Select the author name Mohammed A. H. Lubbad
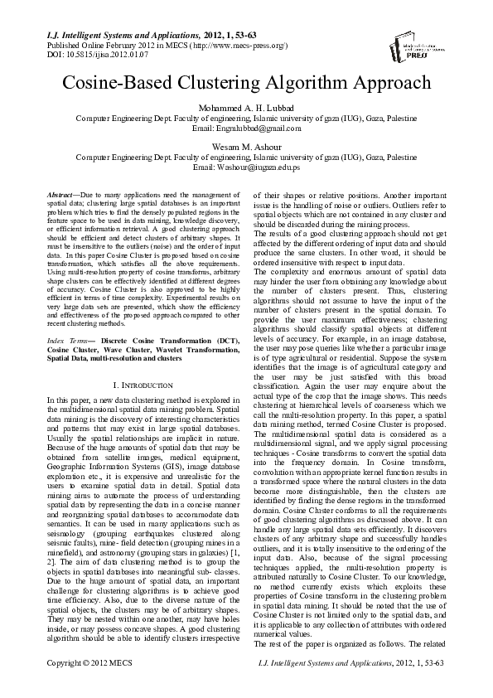click(x=247, y=108)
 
